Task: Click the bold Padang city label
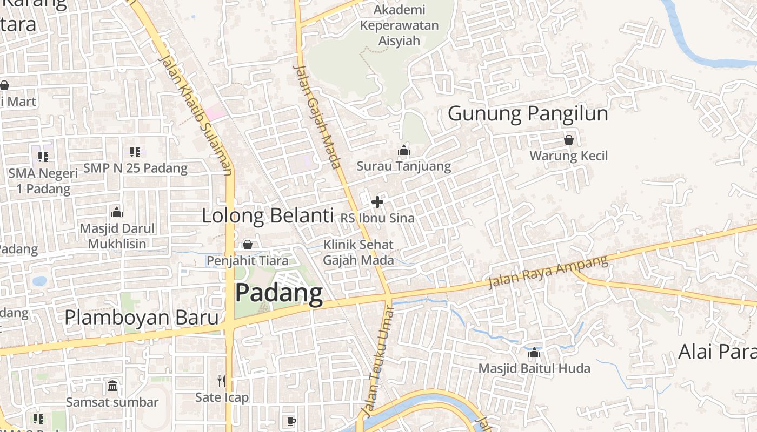279,293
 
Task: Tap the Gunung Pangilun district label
528,114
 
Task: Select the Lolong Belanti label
267,216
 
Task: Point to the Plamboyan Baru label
141,318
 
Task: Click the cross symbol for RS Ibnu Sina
377,202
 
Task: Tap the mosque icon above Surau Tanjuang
404,151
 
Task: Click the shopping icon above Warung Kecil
569,140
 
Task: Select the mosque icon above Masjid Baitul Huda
534,353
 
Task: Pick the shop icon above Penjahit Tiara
248,245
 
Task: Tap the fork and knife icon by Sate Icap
221,381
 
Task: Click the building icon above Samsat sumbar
112,386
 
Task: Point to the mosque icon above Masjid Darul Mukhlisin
116,212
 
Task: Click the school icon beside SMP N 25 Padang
135,152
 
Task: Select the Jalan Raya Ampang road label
548,272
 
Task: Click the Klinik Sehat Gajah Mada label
358,252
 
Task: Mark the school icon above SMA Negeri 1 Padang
43,157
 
